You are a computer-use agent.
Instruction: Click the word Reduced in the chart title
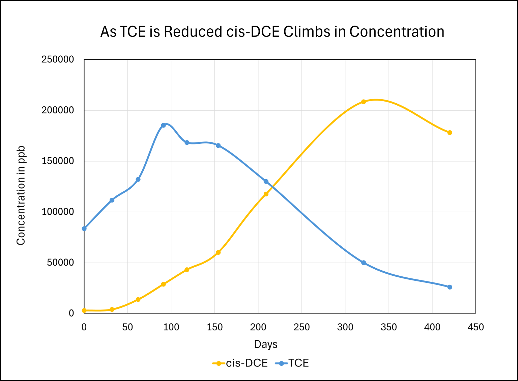point(193,32)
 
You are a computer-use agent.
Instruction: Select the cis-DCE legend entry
point(240,363)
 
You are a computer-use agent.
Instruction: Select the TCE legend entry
point(292,363)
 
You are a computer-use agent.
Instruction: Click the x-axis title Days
point(266,344)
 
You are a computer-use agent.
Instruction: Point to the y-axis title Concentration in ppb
point(21,196)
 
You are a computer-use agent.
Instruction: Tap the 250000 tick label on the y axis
point(58,60)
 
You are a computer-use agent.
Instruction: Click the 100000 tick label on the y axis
point(58,212)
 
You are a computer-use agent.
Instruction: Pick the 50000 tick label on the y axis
point(60,263)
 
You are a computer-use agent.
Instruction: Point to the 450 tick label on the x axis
point(476,327)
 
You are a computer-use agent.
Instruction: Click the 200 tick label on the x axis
point(258,327)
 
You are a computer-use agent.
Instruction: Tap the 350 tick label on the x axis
point(389,327)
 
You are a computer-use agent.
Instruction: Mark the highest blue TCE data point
point(163,125)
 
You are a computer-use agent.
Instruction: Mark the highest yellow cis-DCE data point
point(364,102)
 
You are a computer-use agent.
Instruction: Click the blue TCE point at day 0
point(84,228)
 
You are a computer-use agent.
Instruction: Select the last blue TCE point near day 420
point(450,287)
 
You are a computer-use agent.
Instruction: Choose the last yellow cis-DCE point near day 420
point(450,133)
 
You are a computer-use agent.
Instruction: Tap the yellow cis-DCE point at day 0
point(84,310)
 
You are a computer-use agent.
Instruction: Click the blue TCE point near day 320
point(364,263)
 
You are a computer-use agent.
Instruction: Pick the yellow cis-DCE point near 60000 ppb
point(218,252)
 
